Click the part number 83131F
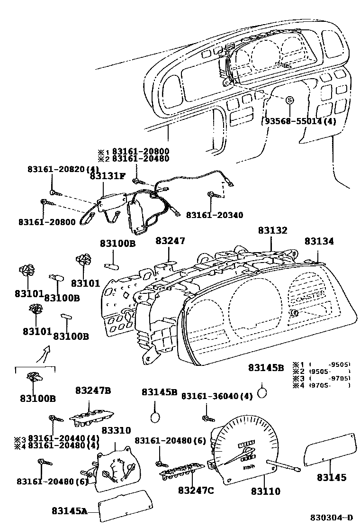(108, 176)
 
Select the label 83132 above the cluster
(272, 230)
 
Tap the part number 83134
(319, 241)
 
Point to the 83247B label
(93, 391)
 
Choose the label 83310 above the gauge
(116, 430)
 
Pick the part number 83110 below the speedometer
(265, 491)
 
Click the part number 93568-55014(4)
(299, 121)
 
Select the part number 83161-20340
(214, 215)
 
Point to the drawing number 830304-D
(332, 517)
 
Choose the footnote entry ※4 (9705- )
(321, 386)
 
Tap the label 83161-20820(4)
(63, 169)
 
